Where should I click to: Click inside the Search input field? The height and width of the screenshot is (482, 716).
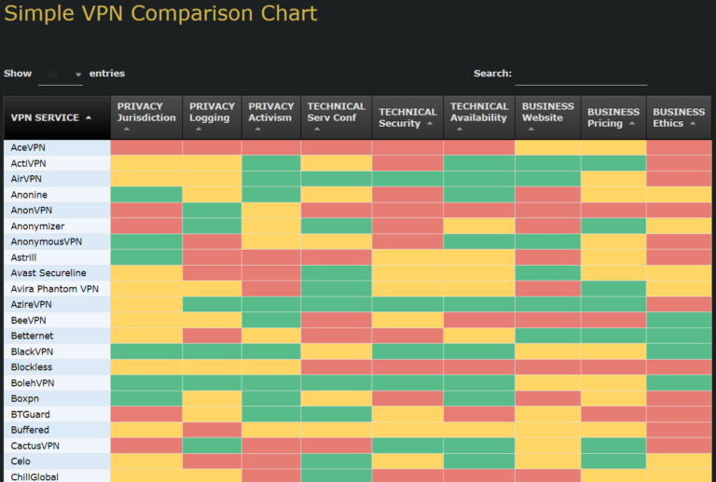(x=580, y=74)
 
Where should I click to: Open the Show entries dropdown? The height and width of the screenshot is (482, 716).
(x=62, y=74)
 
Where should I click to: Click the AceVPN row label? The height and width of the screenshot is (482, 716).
(x=28, y=147)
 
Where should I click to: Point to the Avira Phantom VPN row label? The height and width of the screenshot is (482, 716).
(x=54, y=289)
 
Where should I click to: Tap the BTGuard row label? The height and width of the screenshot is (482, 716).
(x=31, y=414)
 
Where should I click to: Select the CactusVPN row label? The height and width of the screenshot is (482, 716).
(x=36, y=446)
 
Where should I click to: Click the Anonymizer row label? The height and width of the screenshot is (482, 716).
(x=37, y=226)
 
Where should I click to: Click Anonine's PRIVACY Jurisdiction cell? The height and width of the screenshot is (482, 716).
(x=146, y=195)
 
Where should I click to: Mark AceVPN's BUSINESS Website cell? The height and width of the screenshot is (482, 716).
(x=547, y=147)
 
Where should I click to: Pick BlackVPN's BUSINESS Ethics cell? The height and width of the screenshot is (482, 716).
(x=679, y=351)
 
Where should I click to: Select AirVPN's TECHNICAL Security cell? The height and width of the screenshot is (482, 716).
(x=407, y=179)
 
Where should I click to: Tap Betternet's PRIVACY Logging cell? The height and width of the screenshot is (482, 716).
(x=212, y=336)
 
